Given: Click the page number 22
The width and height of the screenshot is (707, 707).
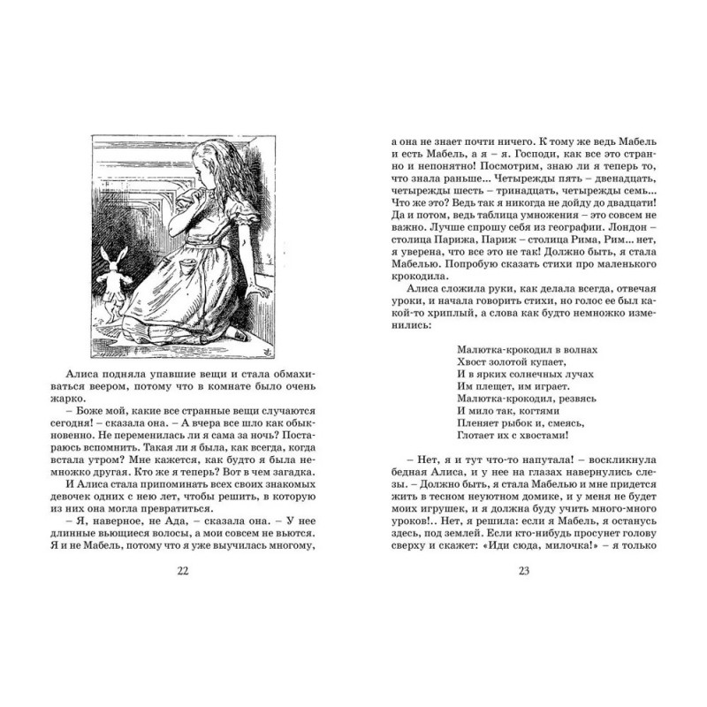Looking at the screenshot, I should [x=183, y=569].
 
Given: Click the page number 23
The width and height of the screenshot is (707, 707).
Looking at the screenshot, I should [x=523, y=569].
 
